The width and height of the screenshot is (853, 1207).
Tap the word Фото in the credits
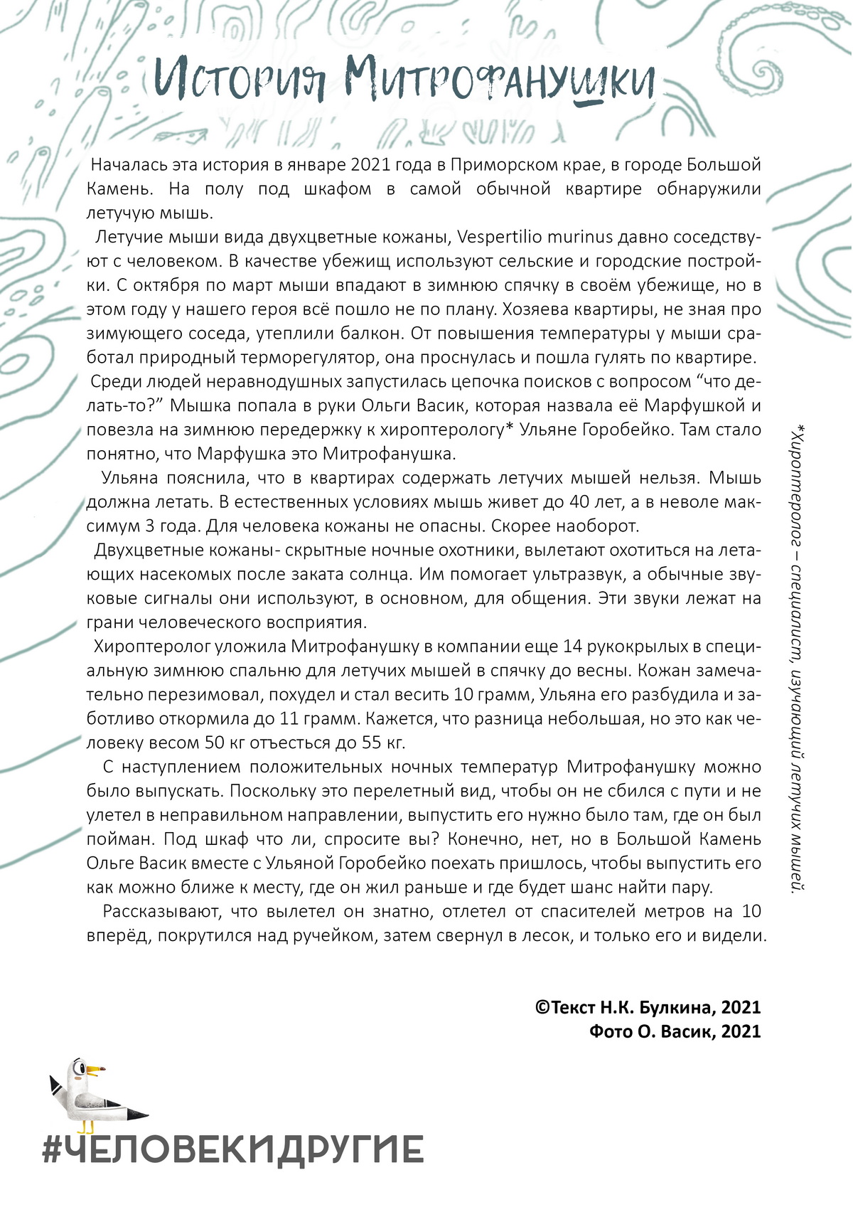click(x=611, y=1031)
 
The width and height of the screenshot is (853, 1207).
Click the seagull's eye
click(x=80, y=1069)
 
